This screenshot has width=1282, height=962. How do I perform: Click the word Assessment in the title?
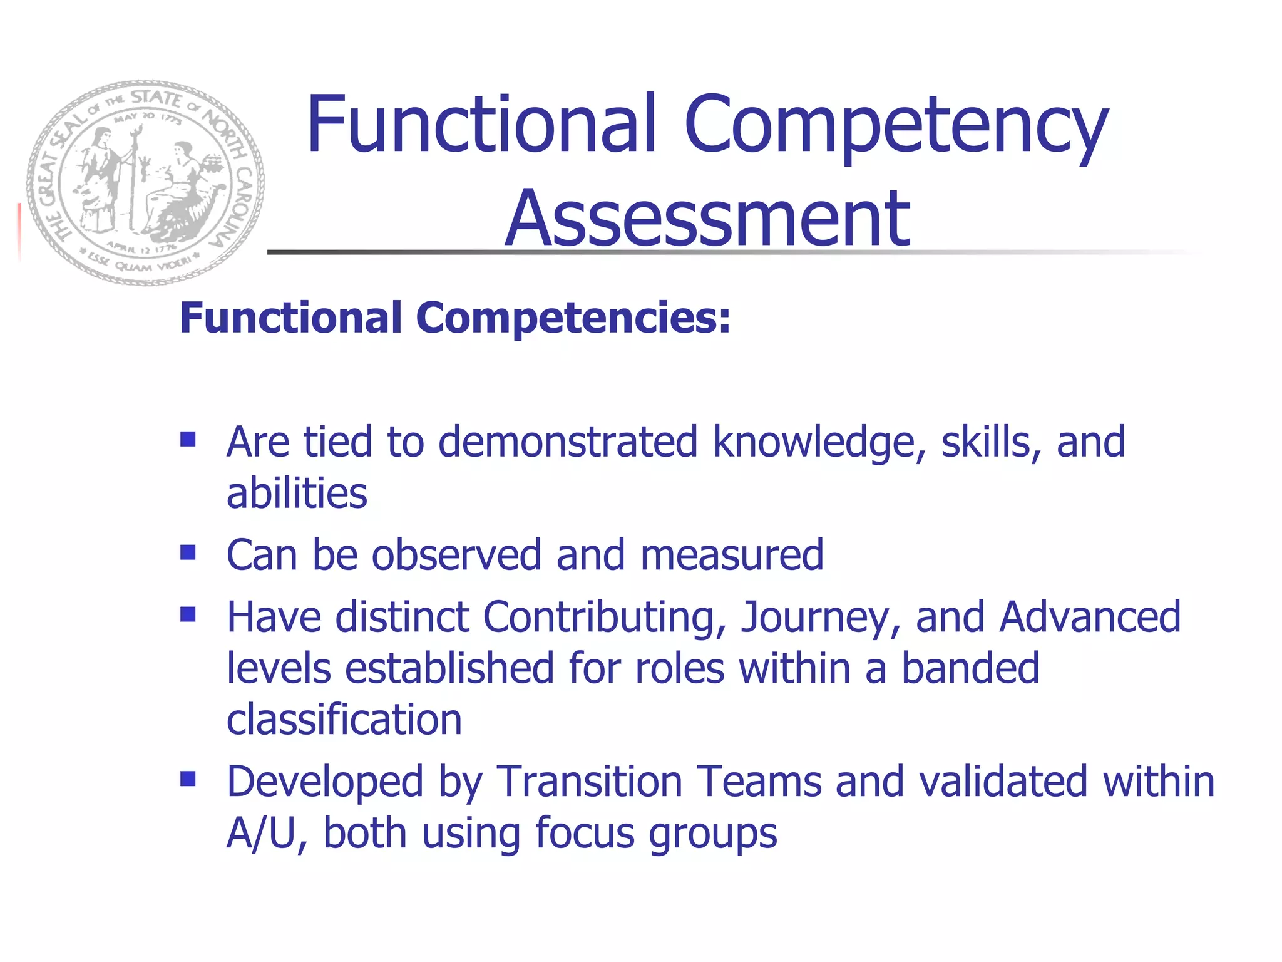coord(707,219)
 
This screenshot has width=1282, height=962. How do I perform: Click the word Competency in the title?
coord(896,125)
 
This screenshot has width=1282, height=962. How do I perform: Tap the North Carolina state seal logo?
coord(145,182)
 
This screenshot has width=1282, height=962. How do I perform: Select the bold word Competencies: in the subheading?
coord(573,318)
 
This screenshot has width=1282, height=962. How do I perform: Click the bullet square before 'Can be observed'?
coord(188,552)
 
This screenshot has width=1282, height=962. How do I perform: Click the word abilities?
coord(297,494)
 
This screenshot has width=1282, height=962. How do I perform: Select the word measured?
coord(732,556)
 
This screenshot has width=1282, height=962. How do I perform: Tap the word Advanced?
coord(1090,617)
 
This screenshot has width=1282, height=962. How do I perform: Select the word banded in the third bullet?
coord(970,668)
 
